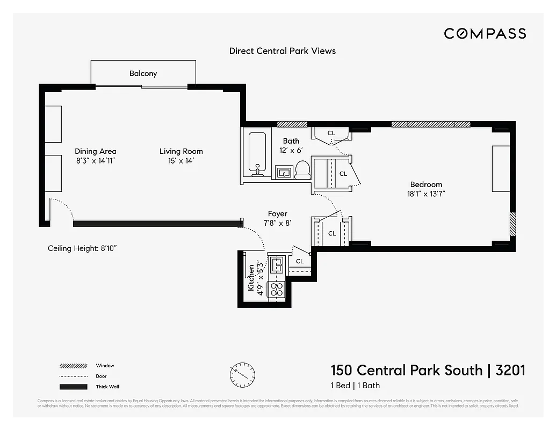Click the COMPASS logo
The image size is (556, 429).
(x=485, y=34)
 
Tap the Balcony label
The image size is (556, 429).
(x=143, y=73)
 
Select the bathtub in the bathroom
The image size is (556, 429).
(x=258, y=154)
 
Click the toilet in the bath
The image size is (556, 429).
(x=303, y=169)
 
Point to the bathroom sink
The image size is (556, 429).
(x=284, y=172)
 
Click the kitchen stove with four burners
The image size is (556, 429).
(x=276, y=290)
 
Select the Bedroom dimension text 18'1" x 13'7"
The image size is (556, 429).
(x=426, y=195)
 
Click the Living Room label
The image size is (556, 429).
(x=181, y=151)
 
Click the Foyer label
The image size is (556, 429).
(x=277, y=213)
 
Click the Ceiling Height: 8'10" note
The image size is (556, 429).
(x=82, y=248)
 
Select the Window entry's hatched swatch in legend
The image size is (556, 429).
(x=73, y=366)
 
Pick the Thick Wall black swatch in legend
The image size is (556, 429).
(x=73, y=387)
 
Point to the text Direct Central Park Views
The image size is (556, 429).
(x=282, y=51)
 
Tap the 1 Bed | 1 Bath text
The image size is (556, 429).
(x=355, y=386)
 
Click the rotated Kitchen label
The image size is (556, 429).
(x=251, y=278)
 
